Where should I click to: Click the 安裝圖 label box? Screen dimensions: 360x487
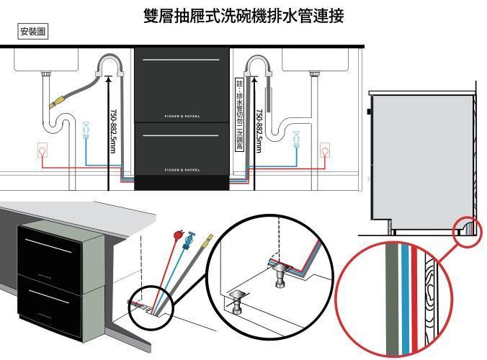click(x=33, y=32)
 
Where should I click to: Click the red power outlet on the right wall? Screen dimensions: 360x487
click(x=326, y=150)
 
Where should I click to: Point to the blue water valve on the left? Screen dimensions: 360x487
click(x=86, y=130)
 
